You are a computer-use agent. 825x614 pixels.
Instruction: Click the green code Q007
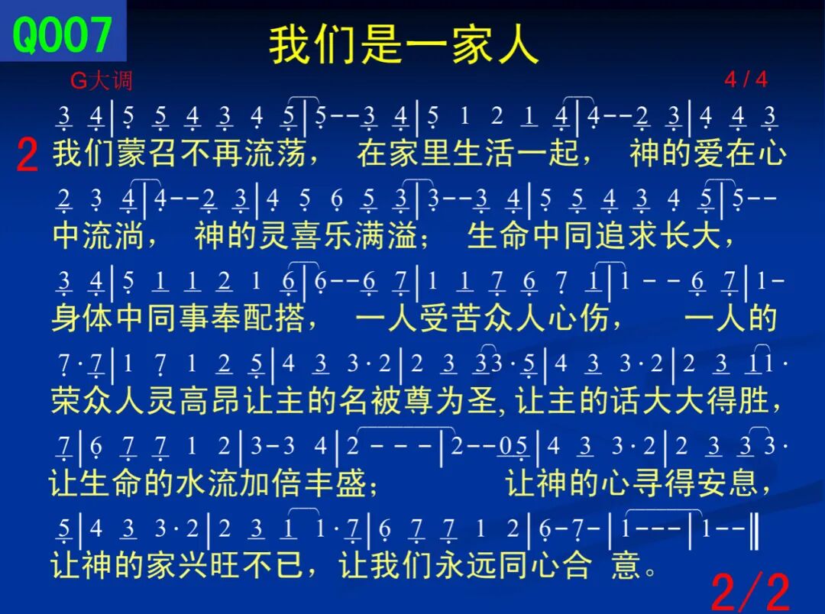point(62,34)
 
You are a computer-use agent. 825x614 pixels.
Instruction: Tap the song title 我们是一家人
point(403,45)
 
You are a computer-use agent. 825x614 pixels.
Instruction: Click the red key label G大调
point(101,80)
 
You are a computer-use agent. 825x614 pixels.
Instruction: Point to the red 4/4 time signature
point(746,79)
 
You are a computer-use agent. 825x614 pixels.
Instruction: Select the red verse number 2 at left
point(27,155)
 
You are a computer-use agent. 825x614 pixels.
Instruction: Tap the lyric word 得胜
point(738,400)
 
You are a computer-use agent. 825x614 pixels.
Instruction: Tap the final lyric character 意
point(626,565)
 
